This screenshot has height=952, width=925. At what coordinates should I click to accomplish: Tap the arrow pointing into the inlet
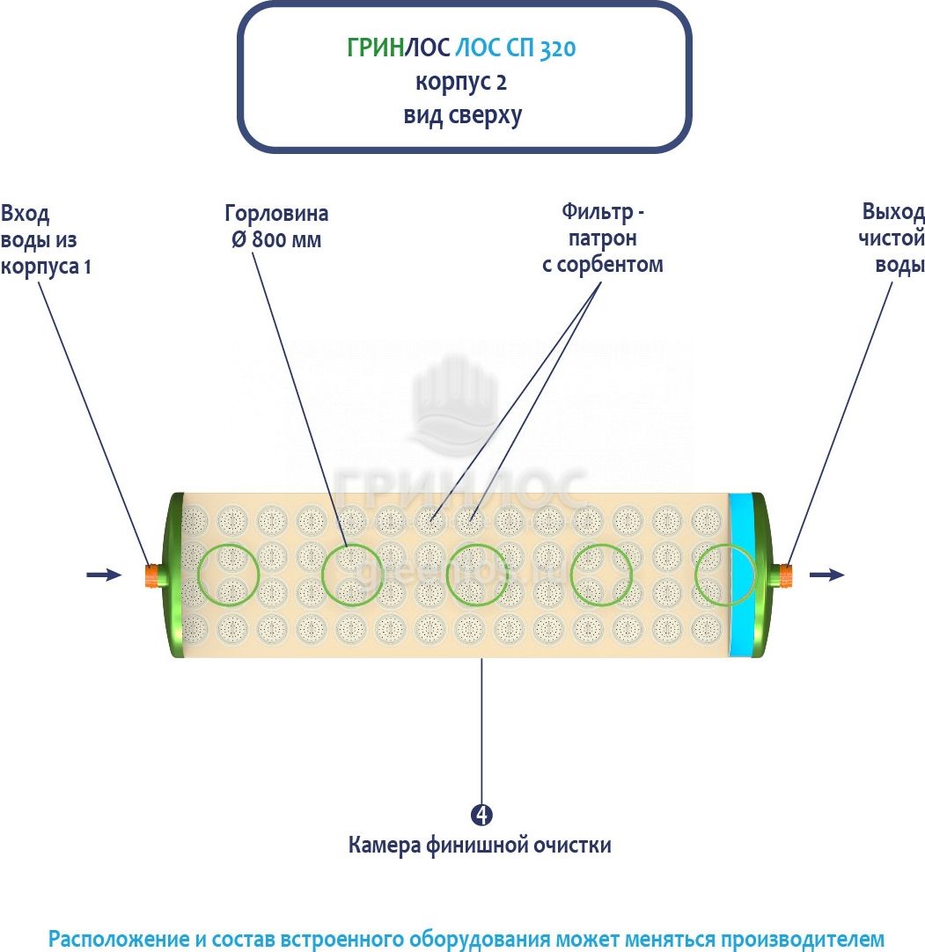tap(104, 575)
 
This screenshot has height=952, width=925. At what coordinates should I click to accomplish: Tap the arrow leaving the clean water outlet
tap(826, 575)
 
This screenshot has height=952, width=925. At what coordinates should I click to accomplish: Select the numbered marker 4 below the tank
tap(481, 814)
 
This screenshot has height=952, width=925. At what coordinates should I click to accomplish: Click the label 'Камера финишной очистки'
tap(480, 846)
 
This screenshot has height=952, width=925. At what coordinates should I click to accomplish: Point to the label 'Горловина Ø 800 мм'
tap(276, 226)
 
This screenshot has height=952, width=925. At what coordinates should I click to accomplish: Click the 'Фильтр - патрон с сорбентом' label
tap(602, 238)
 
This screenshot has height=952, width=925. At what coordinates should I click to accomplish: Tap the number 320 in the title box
tap(557, 48)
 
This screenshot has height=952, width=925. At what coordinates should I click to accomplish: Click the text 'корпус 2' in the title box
tap(462, 82)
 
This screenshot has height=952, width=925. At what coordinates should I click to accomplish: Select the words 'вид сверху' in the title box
tap(463, 115)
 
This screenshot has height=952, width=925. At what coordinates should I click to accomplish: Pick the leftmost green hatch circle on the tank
tap(229, 575)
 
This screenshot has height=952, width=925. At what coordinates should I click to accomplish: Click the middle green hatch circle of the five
tap(476, 575)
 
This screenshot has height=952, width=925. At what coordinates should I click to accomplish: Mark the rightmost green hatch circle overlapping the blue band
tap(725, 575)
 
